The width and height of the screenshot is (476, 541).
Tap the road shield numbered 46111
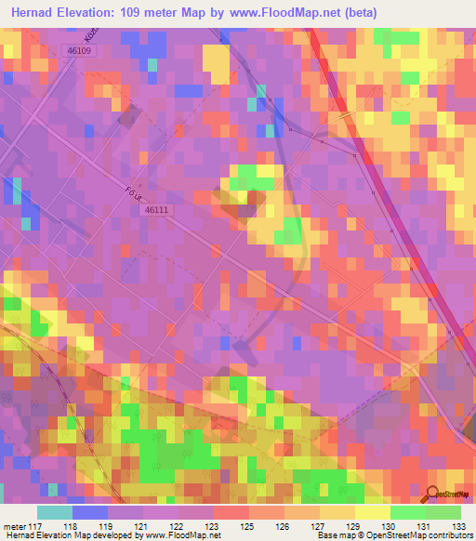[157, 211]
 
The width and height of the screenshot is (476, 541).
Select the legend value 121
[145, 526]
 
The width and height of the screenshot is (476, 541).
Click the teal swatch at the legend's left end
[55, 512]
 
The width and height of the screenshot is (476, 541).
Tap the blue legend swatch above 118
[90, 512]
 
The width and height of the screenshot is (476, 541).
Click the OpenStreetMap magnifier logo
[431, 495]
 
